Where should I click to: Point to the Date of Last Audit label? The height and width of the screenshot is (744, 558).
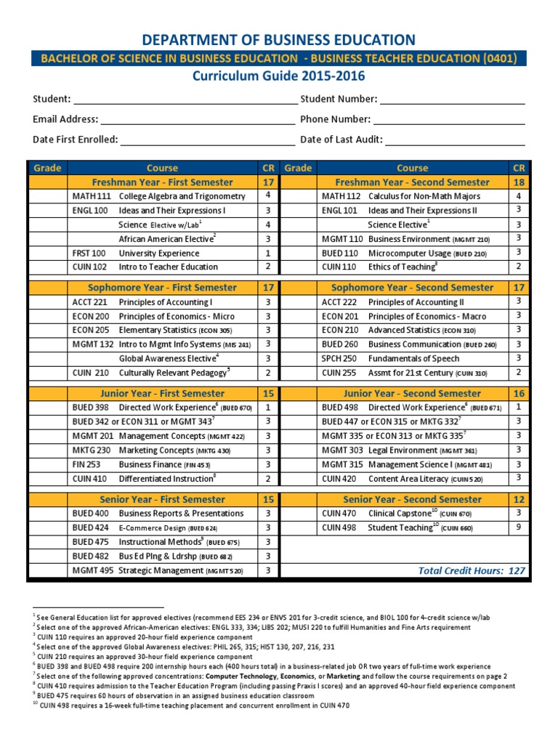click(341, 139)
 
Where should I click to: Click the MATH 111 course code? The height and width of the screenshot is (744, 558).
click(91, 196)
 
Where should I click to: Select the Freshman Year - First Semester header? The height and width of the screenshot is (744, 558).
click(162, 182)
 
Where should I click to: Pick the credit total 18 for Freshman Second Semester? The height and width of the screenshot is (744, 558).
click(518, 182)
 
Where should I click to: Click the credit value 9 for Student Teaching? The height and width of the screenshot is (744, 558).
click(518, 527)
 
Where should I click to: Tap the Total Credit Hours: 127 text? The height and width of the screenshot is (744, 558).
click(471, 571)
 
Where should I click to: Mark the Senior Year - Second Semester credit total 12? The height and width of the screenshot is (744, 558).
click(518, 500)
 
